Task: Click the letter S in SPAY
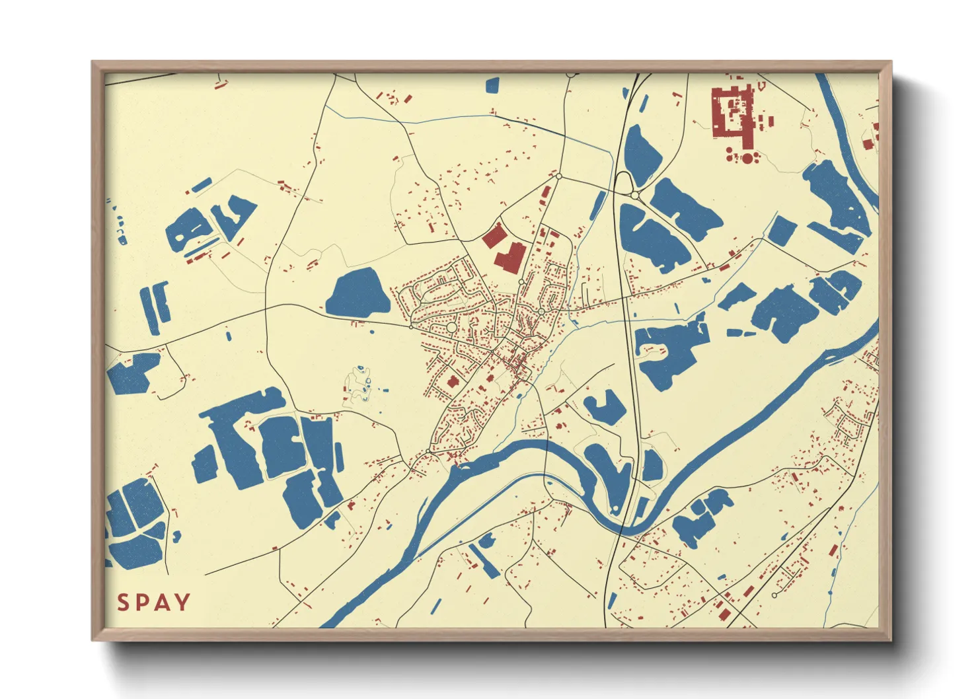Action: pyautogui.click(x=124, y=603)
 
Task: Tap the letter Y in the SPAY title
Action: pyautogui.click(x=182, y=603)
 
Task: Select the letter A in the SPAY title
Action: pyautogui.click(x=162, y=603)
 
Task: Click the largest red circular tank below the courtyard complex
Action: pyautogui.click(x=747, y=158)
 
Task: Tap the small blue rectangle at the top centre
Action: pyautogui.click(x=492, y=85)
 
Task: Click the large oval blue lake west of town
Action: pyautogui.click(x=357, y=293)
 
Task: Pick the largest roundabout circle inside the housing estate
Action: pyautogui.click(x=451, y=328)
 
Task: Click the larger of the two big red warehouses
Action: pyautogui.click(x=509, y=257)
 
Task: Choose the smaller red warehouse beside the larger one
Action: pyautogui.click(x=492, y=235)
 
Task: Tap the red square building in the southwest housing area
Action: pyautogui.click(x=453, y=382)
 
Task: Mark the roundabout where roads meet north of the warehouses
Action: pyautogui.click(x=558, y=176)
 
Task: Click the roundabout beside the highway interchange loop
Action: pyautogui.click(x=634, y=196)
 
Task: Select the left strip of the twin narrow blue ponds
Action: pyautogui.click(x=147, y=311)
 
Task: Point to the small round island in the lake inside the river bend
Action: pyautogui.click(x=616, y=507)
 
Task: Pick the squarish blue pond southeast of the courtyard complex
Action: pyautogui.click(x=782, y=230)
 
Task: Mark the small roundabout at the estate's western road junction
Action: pyautogui.click(x=411, y=326)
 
